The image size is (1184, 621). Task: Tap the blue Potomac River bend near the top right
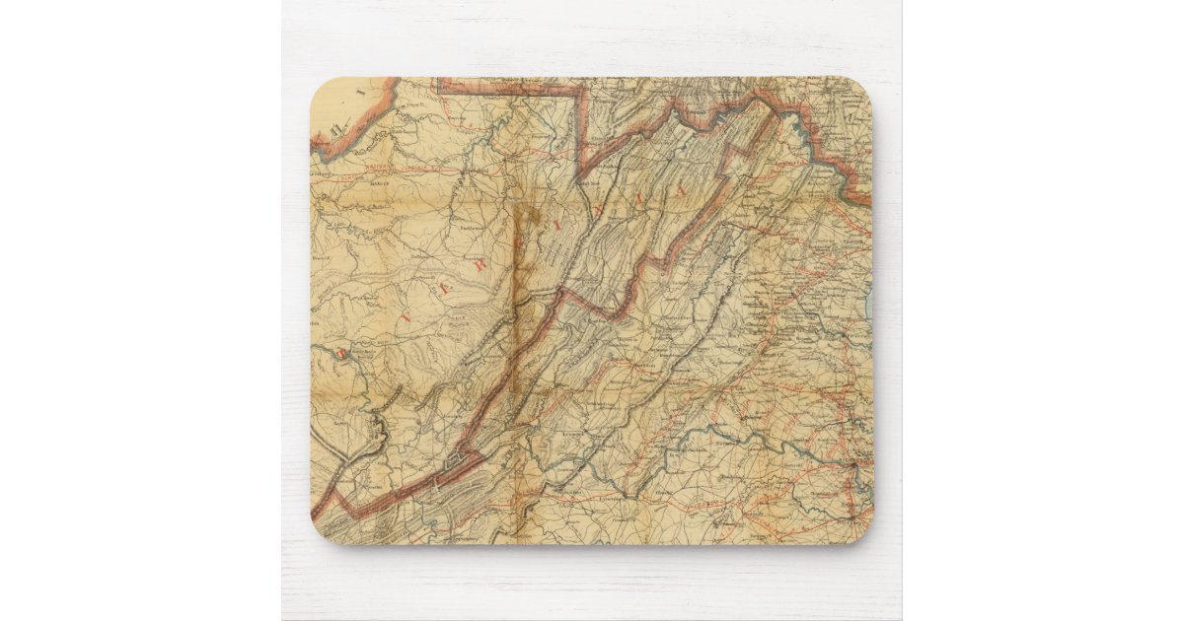(795, 122)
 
